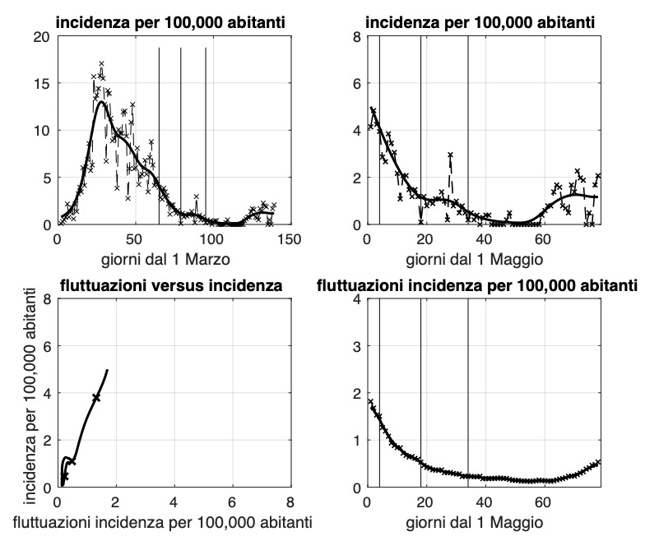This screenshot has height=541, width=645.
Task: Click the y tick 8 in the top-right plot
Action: click(x=356, y=37)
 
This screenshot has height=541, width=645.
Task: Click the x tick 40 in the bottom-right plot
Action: click(x=484, y=502)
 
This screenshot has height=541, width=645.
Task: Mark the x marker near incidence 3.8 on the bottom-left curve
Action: click(x=96, y=397)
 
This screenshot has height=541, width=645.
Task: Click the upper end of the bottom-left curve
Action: click(x=108, y=370)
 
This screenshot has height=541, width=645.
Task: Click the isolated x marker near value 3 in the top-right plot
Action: click(x=450, y=155)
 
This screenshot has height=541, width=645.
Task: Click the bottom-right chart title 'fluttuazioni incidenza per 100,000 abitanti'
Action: click(x=477, y=285)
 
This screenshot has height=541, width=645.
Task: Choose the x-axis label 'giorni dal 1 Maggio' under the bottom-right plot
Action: click(x=484, y=523)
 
